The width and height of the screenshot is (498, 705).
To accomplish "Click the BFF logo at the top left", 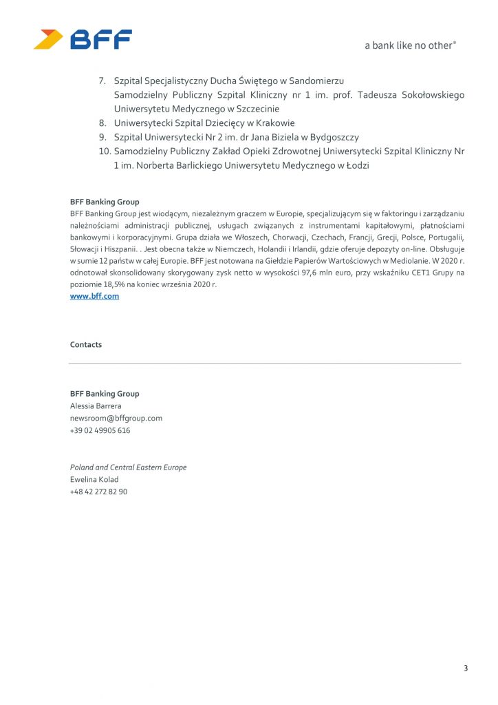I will pos(83,39).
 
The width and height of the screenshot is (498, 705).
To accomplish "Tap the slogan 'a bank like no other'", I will pos(410,45).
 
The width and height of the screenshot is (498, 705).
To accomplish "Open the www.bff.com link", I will pos(94,296).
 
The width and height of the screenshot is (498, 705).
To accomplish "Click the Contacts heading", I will pos(85,344).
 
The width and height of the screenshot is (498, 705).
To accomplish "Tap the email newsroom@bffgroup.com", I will pos(116,418).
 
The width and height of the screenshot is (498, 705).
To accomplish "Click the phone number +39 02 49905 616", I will pos(100,430).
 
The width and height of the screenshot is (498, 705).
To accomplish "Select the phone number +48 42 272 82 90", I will pos(98,492).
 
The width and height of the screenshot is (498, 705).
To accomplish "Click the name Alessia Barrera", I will pos(96,406).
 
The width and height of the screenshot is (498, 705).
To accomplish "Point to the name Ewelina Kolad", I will pos(94,479).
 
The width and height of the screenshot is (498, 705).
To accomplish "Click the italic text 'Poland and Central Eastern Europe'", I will pos(128,467).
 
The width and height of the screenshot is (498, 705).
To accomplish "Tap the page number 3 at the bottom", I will pos(466,668).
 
